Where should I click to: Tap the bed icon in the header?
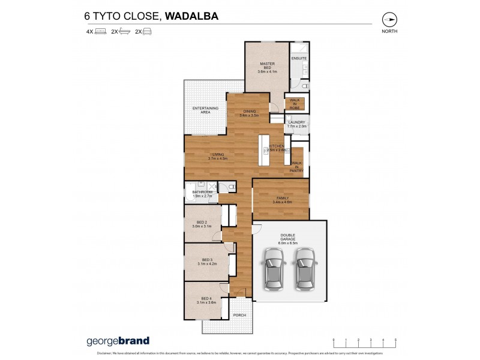[101, 31]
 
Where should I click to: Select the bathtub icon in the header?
[124, 31]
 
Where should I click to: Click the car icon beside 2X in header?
[147, 31]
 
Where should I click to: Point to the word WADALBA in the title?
[192, 16]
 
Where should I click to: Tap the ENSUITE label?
[299, 58]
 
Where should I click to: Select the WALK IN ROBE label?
[295, 103]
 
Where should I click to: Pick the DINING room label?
[248, 112]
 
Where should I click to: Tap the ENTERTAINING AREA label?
[205, 110]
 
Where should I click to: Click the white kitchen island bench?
[263, 150]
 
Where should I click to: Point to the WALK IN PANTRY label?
[296, 166]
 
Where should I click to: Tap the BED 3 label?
[207, 262]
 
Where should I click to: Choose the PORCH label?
[240, 314]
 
